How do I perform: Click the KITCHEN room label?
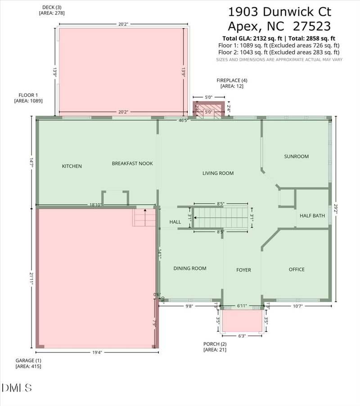coord(72,166)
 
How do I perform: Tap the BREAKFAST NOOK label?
coord(132,164)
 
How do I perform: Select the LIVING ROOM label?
coord(218,173)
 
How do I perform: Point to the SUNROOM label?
coord(296,156)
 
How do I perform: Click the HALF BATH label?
coord(312,216)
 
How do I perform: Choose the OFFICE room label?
coord(297,269)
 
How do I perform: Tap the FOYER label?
coord(243,270)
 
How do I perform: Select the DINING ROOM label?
coord(190,268)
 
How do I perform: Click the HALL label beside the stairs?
coord(175,222)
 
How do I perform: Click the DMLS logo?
coord(17,388)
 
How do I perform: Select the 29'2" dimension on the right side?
coord(336,209)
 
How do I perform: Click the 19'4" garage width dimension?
coord(97,352)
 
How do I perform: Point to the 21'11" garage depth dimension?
coord(31,278)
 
